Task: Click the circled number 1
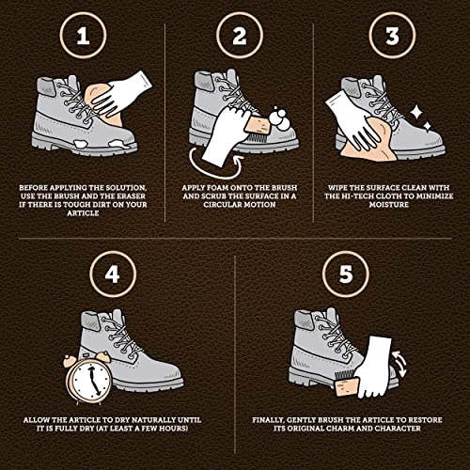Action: [x=83, y=36]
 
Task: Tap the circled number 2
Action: [x=240, y=36]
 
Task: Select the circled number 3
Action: [x=392, y=36]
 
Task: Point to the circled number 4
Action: [x=113, y=274]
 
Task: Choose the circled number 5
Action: [x=346, y=274]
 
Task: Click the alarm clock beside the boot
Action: [x=88, y=378]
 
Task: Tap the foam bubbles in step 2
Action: [x=278, y=118]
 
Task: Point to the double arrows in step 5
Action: [x=399, y=364]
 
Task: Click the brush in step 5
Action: [x=346, y=384]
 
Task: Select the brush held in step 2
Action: [x=258, y=129]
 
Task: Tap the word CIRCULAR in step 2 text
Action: [x=223, y=205]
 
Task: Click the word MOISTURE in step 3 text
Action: [x=388, y=205]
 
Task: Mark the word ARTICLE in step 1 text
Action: [x=83, y=213]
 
